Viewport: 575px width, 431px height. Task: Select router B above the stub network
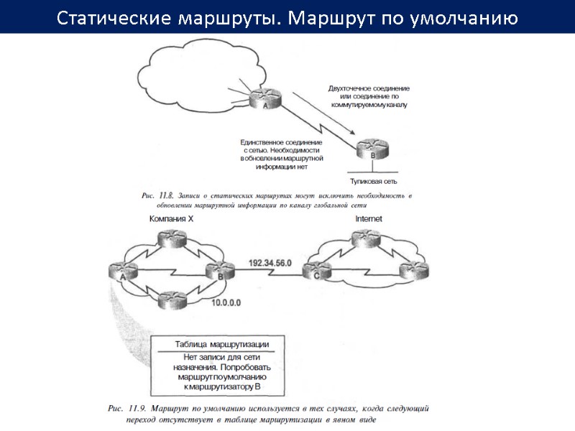coord(373,150)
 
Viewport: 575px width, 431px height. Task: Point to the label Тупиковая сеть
coord(374,182)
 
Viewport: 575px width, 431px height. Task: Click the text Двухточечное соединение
coord(369,88)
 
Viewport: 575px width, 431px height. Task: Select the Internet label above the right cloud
coord(369,218)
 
